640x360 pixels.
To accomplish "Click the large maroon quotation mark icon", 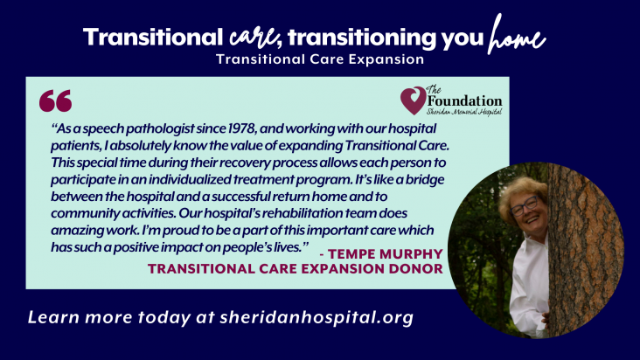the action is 55,100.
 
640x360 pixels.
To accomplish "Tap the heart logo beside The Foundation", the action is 414,100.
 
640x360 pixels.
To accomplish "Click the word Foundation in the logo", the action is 465,100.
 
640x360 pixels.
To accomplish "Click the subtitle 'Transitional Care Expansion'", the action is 320,59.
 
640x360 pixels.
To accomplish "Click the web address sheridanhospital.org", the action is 317,317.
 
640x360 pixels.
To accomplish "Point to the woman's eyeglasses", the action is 524,206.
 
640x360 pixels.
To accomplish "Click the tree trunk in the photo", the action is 585,250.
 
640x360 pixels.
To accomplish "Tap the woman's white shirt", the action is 529,286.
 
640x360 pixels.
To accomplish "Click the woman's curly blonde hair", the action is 521,191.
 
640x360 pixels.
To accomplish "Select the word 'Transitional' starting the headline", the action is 153,37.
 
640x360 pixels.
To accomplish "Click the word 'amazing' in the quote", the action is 77,231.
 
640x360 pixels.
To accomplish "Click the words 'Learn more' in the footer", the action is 80,317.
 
